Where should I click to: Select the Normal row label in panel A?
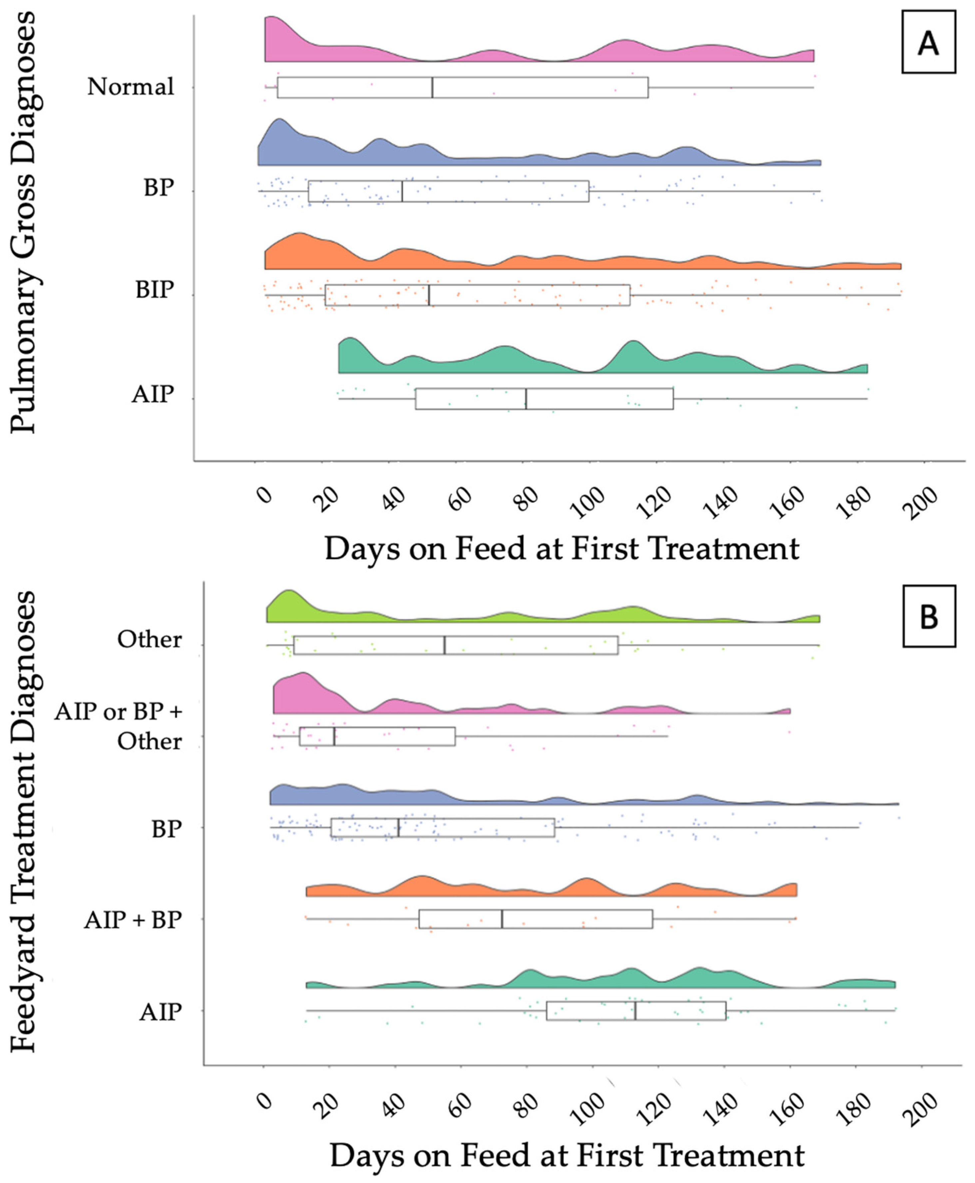coord(131,87)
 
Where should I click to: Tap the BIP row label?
coord(155,290)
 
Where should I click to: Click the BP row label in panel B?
coord(166,828)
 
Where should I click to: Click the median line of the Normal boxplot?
coord(432,88)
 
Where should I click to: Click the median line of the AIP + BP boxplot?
coord(502,919)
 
